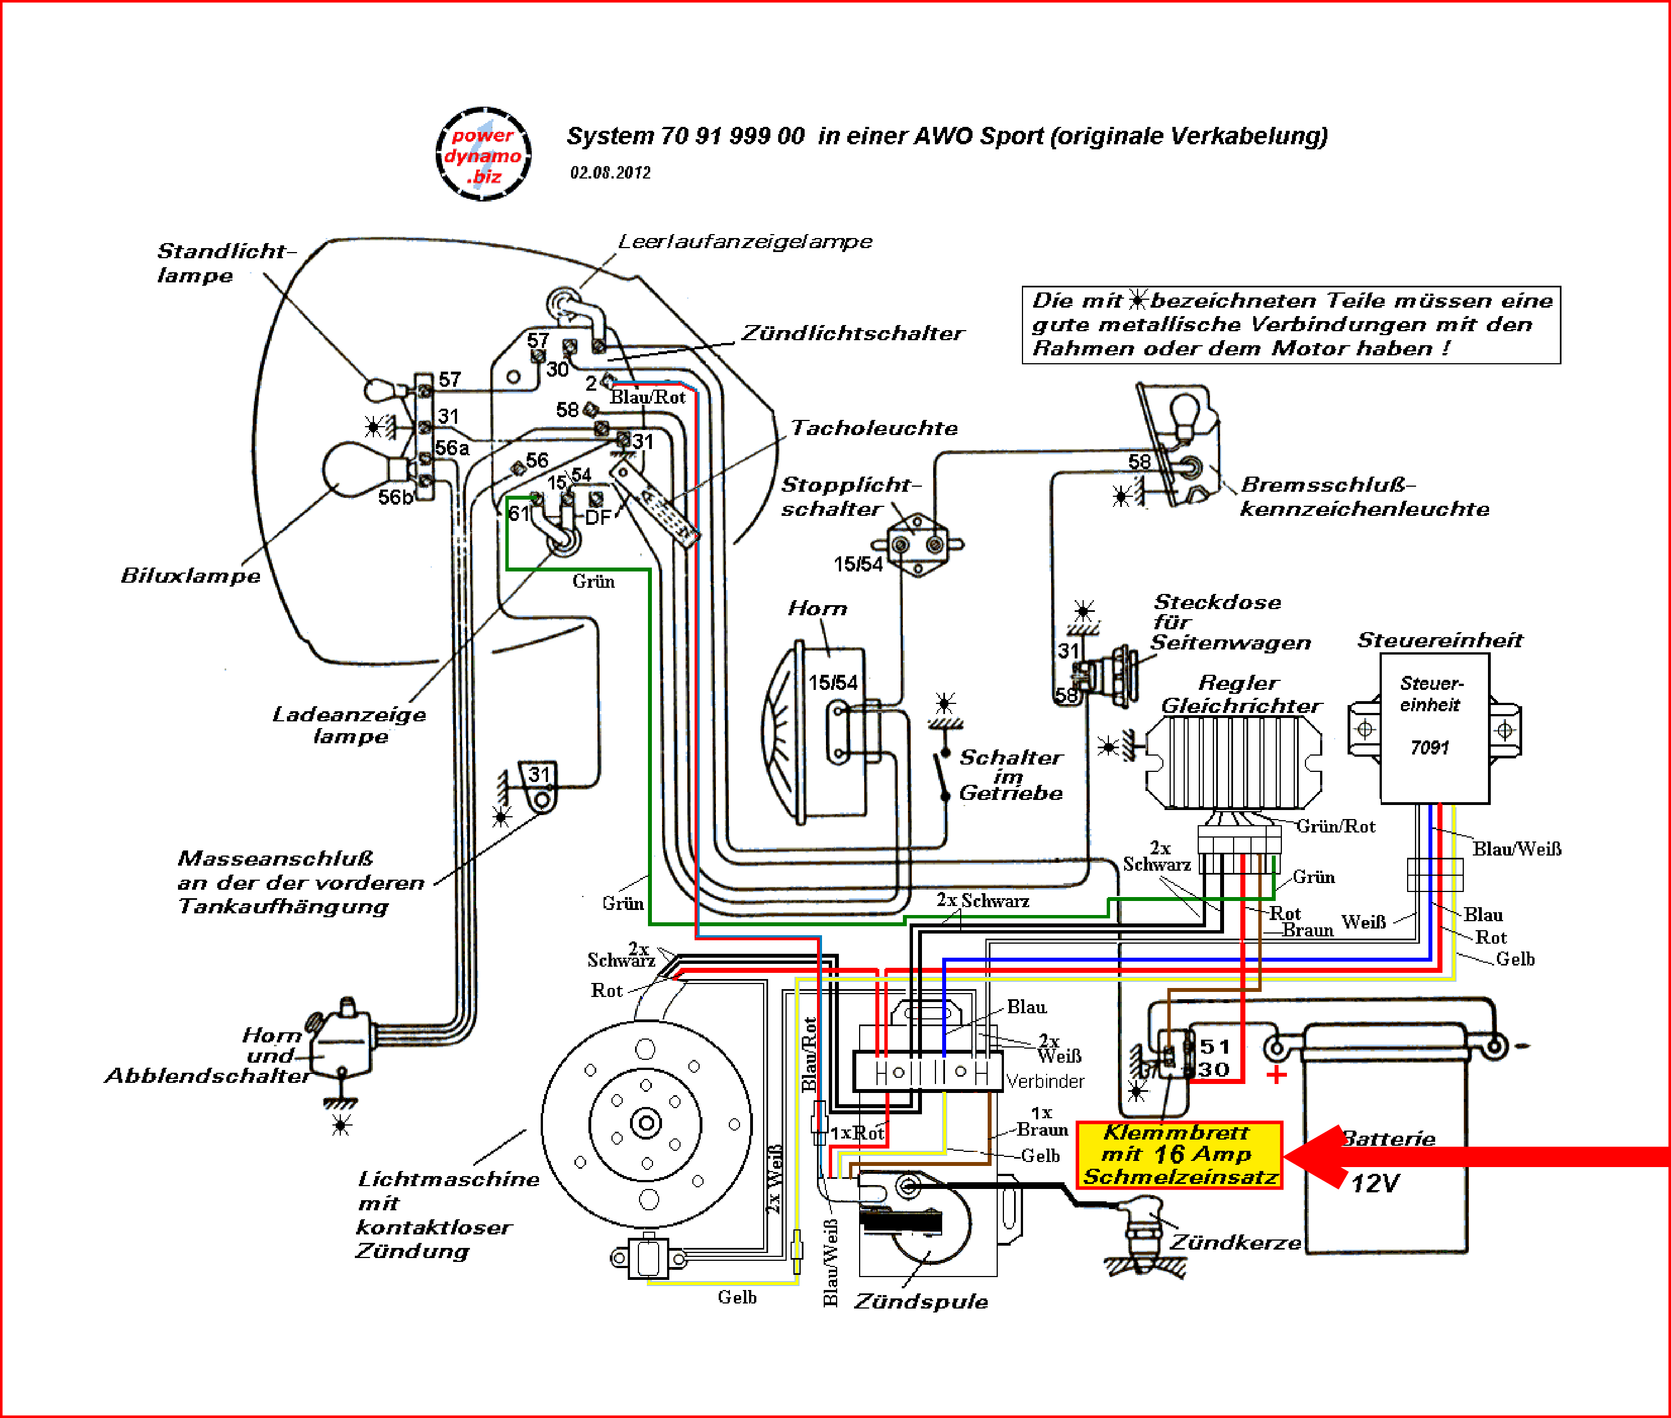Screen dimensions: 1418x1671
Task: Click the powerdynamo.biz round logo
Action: [x=483, y=154]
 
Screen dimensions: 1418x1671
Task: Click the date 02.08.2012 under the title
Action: [x=610, y=173]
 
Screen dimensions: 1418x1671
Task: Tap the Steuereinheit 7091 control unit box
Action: [x=1434, y=728]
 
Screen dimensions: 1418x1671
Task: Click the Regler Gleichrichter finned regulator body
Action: [x=1232, y=761]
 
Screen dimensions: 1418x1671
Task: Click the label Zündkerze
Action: [x=1235, y=1243]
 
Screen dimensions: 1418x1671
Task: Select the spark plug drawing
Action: [x=1142, y=1230]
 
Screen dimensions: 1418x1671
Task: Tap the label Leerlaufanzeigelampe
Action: [x=745, y=241]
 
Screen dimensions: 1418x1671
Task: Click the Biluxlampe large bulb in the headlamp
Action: [x=354, y=470]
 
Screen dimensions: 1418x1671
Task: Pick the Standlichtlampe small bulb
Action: [x=381, y=391]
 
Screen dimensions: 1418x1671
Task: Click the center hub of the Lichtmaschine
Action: [x=646, y=1123]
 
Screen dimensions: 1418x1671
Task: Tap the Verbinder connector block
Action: [x=927, y=1072]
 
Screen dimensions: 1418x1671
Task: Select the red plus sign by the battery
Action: [x=1276, y=1075]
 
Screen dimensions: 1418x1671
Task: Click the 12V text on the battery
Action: [x=1375, y=1183]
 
